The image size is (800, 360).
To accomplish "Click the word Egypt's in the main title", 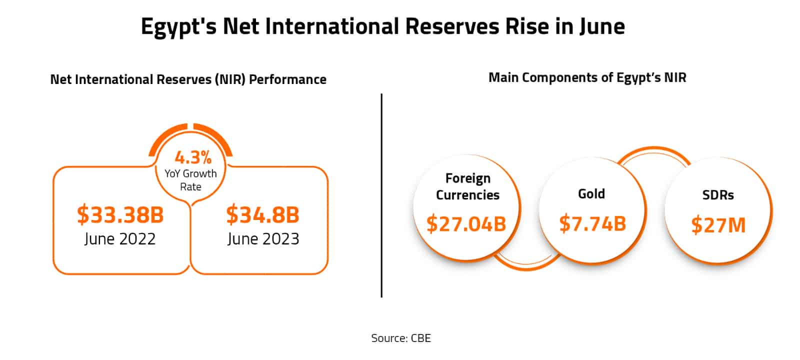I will click(x=178, y=26).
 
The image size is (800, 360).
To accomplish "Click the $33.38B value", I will click(x=120, y=214).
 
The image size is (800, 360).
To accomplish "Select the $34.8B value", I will click(x=262, y=214).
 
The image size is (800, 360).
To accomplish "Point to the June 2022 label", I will click(x=120, y=239).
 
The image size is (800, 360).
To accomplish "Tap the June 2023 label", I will click(x=263, y=239).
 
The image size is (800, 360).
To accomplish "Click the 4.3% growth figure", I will click(x=193, y=158).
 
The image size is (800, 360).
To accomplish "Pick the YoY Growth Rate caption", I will click(x=190, y=180).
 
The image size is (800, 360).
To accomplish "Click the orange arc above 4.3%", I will click(x=190, y=131).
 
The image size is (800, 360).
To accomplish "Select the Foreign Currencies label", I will click(x=467, y=186).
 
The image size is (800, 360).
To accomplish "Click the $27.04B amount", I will click(x=466, y=223).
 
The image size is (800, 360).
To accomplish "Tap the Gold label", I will click(x=591, y=193).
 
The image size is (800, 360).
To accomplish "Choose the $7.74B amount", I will click(x=592, y=223).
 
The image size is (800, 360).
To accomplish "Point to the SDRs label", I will click(x=718, y=195).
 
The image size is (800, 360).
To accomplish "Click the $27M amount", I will click(x=718, y=225).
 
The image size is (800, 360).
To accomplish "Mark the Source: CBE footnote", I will click(x=400, y=338).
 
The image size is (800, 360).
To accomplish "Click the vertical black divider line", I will click(x=381, y=195).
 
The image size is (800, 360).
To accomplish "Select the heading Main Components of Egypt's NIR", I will click(x=587, y=78).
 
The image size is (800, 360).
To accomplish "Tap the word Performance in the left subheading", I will click(x=287, y=79).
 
